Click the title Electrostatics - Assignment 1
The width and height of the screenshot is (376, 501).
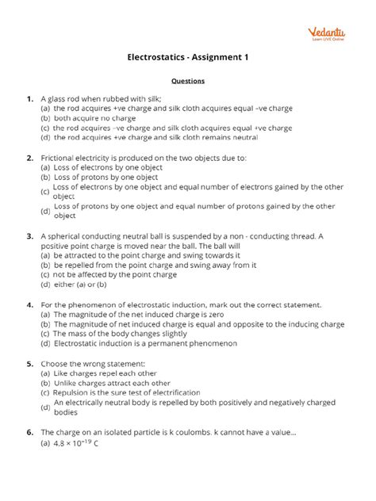(188, 57)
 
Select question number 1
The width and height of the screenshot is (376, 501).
(29, 99)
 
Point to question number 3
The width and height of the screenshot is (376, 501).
(29, 235)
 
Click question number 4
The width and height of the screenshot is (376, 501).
(29, 304)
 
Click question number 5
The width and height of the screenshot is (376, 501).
(29, 363)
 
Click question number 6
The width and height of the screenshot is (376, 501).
(29, 432)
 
